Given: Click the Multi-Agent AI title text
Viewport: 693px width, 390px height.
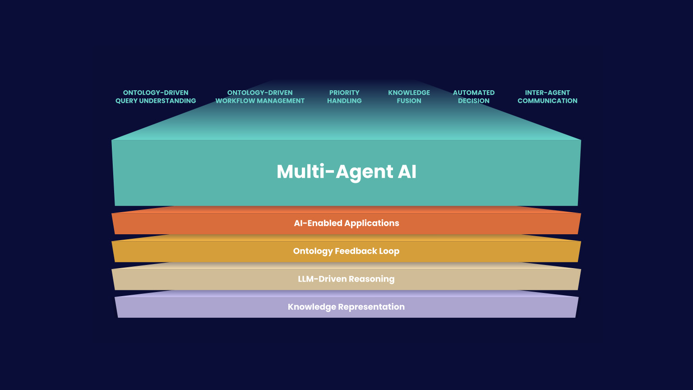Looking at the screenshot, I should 346,172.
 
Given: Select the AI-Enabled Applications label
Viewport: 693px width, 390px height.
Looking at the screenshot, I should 346,223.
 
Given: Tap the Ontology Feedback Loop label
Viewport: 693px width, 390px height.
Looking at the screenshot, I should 346,251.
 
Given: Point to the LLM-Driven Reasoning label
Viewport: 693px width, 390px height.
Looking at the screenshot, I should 346,279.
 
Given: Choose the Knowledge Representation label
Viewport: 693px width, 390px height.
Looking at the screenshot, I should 346,307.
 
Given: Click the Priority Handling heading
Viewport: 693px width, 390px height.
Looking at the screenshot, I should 344,97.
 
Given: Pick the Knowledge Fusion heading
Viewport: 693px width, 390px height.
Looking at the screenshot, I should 409,97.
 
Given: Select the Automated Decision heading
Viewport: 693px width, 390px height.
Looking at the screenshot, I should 474,97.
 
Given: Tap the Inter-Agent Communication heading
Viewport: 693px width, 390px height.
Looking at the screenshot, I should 547,97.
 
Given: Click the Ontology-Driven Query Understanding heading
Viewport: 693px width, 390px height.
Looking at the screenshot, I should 156,97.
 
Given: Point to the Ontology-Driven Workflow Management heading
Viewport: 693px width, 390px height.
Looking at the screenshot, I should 260,97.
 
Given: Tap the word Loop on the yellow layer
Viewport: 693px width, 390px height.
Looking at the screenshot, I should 389,251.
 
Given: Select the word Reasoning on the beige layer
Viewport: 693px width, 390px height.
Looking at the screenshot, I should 372,279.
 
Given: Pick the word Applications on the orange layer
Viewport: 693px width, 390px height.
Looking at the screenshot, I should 372,223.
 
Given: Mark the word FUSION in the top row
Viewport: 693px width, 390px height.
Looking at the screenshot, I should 409,101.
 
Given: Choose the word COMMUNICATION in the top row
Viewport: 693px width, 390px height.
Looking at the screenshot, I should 547,101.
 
